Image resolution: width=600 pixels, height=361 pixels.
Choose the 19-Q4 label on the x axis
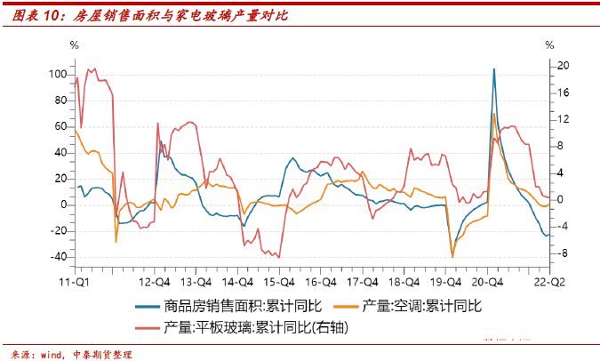pos(447,282)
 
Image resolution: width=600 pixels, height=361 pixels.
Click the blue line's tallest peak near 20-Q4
pos(494,68)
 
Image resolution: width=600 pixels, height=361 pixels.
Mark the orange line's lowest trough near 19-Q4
pos(452,257)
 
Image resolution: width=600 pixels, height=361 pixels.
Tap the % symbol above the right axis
pos(549,45)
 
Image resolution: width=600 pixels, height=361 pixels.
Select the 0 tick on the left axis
pos(63,205)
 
